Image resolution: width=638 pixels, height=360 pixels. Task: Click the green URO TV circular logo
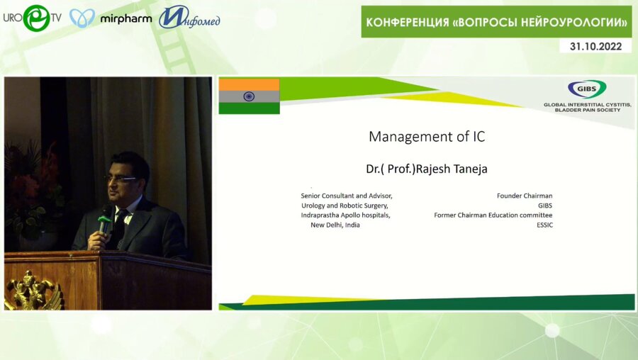coord(37,18)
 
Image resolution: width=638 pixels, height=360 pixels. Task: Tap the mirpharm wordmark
coord(126,18)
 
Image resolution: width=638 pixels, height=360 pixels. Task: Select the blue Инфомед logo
coord(189,18)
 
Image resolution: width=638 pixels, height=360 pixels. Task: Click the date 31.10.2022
coord(595,46)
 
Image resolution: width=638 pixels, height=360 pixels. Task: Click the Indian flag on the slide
coord(249,96)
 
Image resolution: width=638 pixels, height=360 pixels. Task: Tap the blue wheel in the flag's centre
coord(249,96)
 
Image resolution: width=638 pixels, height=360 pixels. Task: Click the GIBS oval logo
coord(587,89)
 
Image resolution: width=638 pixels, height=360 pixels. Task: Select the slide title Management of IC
coord(427,137)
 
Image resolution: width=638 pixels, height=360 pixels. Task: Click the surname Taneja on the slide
coord(470,169)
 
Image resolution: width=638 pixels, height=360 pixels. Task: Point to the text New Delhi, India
coord(335,225)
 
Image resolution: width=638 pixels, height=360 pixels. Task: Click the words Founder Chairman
coord(525,196)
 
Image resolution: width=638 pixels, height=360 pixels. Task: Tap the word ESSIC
coord(544,225)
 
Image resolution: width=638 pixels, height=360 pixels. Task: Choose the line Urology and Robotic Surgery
coord(345,206)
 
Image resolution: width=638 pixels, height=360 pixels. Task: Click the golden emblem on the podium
coord(33,291)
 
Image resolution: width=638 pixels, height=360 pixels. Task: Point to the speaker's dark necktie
coord(120,227)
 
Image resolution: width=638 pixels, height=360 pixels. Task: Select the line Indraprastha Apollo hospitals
coord(345,215)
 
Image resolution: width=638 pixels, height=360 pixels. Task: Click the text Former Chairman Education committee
coord(493,215)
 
